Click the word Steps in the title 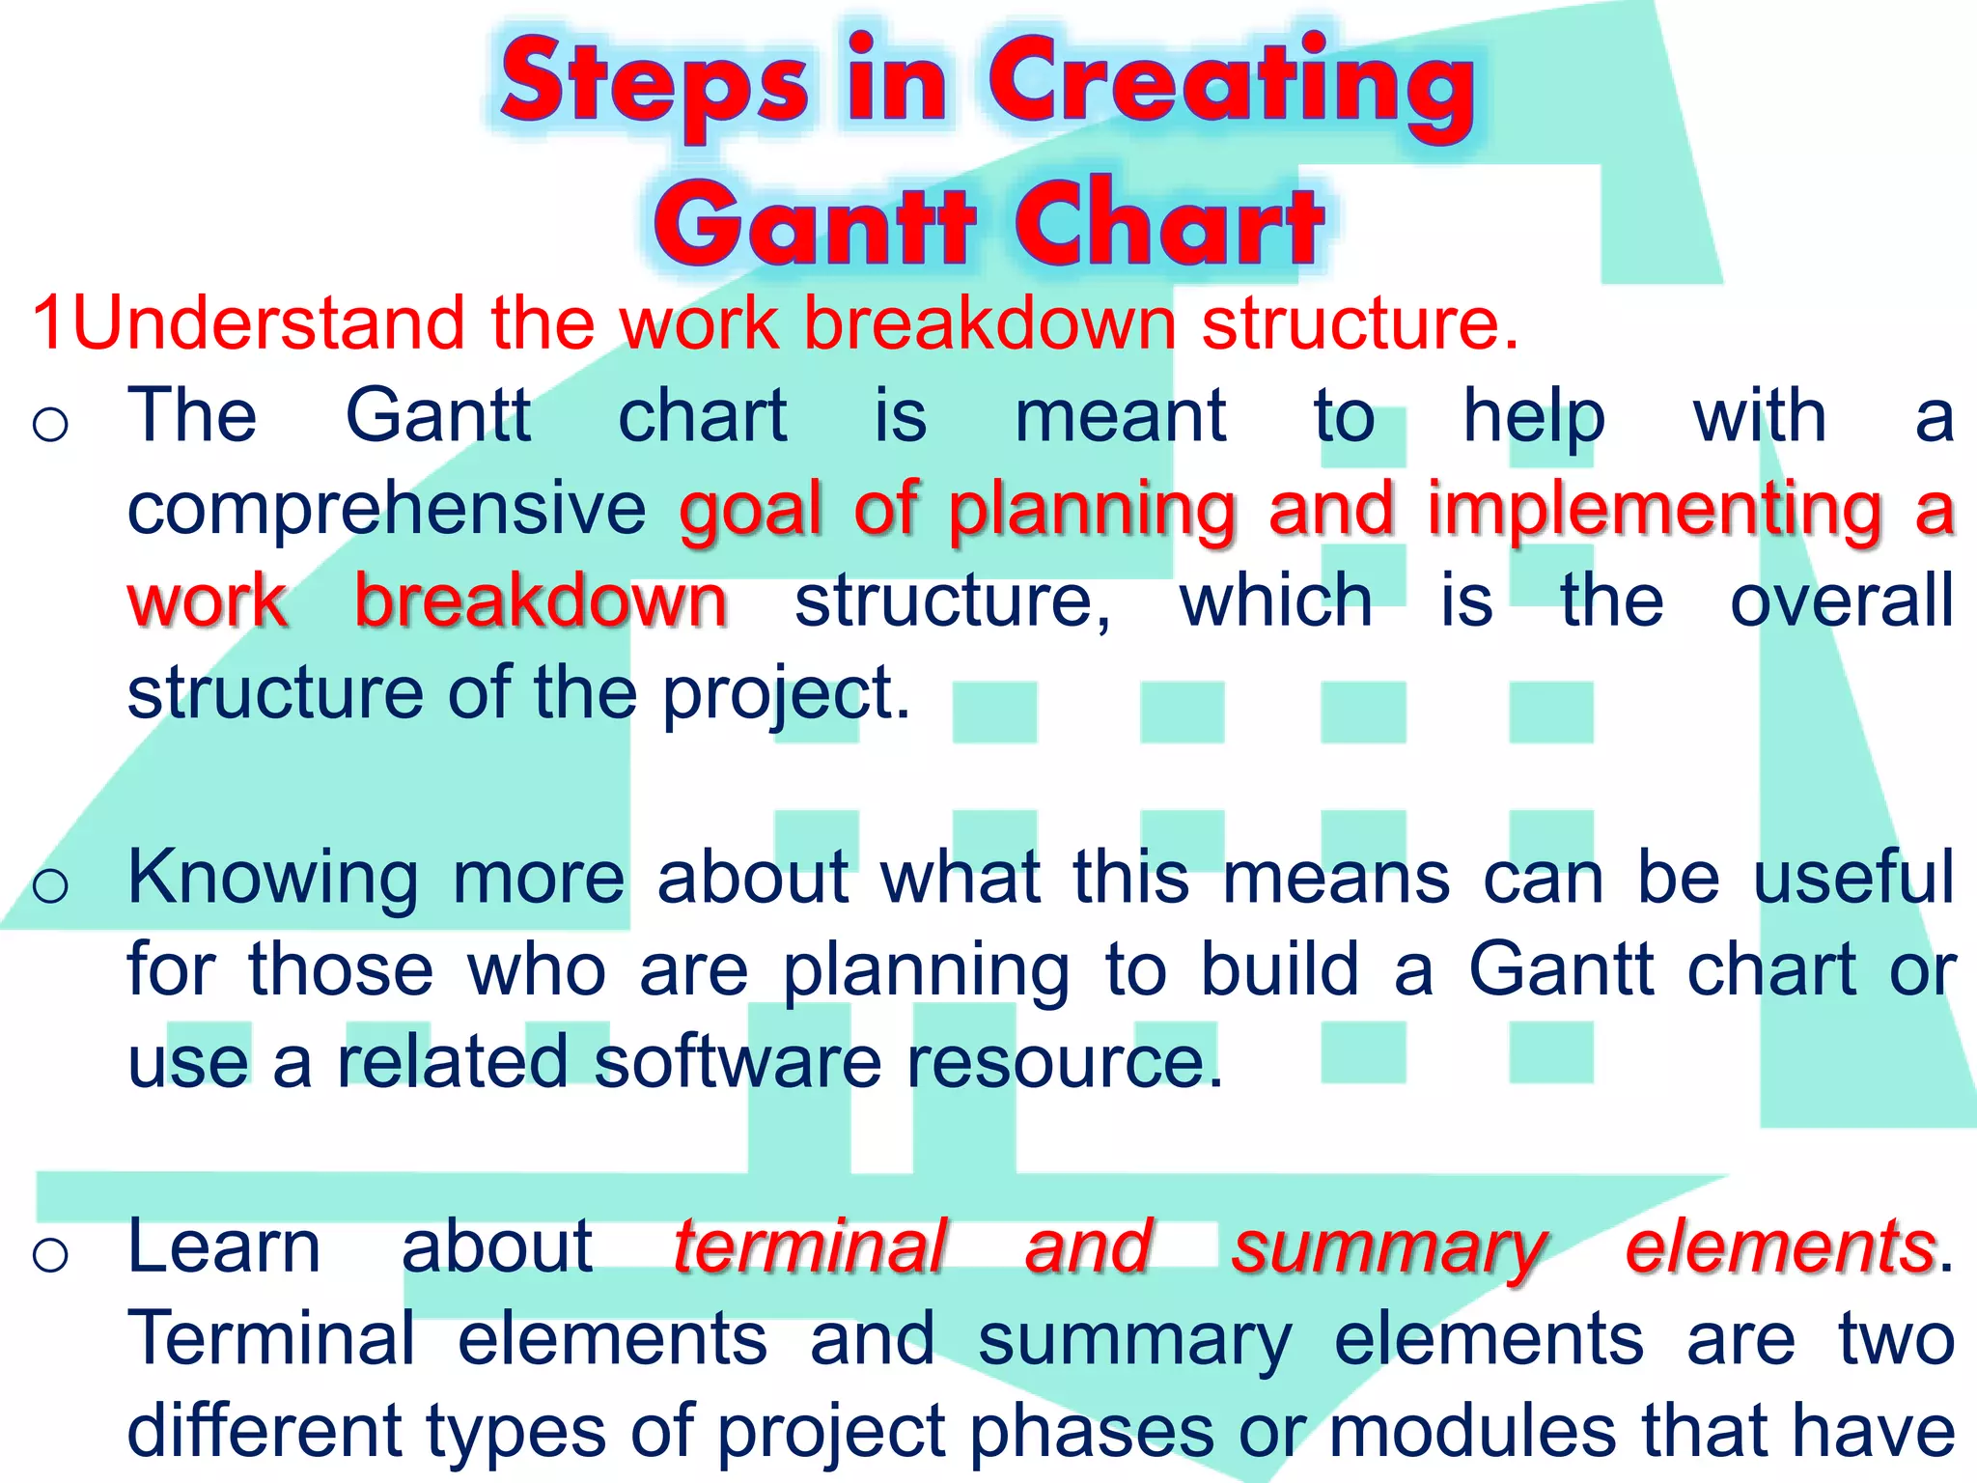point(654,85)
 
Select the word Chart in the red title point(1169,224)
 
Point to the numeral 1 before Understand point(48,322)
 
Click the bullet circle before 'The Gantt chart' point(50,423)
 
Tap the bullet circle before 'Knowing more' point(50,884)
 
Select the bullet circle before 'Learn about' point(50,1254)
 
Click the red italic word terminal point(809,1246)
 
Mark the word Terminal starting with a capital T point(271,1339)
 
